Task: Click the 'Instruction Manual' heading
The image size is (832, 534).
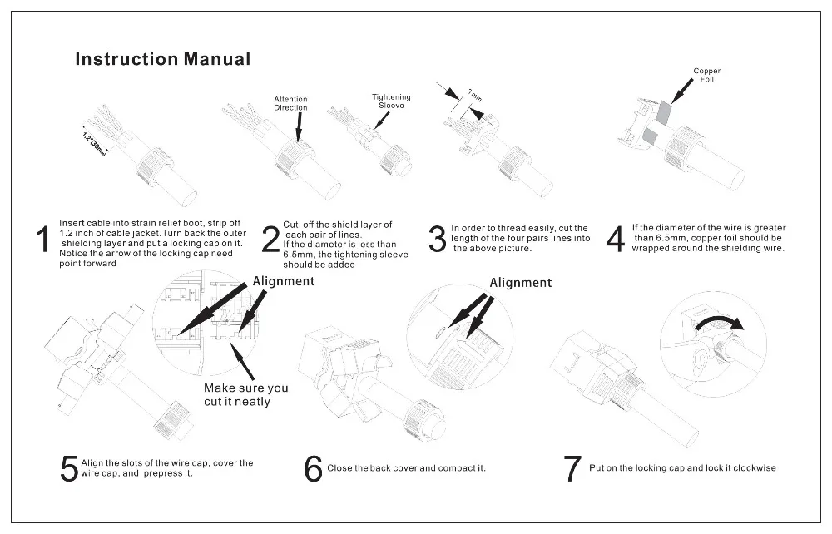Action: click(162, 59)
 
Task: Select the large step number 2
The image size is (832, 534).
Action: click(271, 240)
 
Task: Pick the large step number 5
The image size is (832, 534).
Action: click(68, 468)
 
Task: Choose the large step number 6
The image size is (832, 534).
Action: click(313, 468)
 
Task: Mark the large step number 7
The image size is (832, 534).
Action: click(571, 468)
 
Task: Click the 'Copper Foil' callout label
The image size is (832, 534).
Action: click(706, 75)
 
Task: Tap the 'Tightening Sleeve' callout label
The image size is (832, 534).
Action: click(390, 101)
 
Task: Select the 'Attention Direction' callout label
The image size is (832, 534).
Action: click(290, 104)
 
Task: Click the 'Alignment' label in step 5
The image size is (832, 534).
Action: click(284, 281)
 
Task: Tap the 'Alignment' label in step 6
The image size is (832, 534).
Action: click(520, 283)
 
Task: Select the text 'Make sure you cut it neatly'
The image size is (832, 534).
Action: click(246, 394)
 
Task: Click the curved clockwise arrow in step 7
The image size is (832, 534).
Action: click(716, 324)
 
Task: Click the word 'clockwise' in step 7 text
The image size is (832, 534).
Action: click(752, 468)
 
